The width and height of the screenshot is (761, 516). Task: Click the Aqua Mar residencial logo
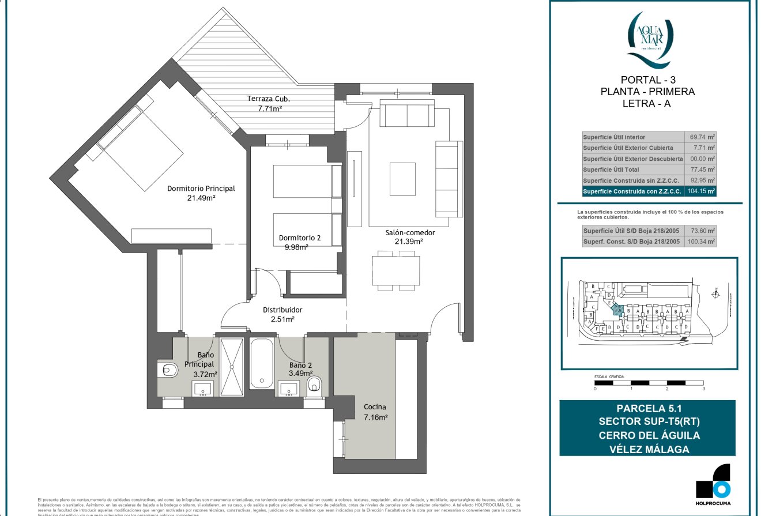[x=647, y=38]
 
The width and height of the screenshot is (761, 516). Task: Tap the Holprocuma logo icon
[x=713, y=481]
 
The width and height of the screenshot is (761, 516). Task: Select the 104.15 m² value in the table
[x=702, y=191]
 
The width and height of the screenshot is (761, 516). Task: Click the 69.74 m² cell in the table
[x=702, y=137]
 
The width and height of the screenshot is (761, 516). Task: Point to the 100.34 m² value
[x=702, y=242]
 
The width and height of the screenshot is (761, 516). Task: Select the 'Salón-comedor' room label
[x=410, y=233]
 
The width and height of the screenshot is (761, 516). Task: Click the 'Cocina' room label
[x=375, y=406]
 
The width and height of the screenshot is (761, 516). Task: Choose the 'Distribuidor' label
[x=282, y=310]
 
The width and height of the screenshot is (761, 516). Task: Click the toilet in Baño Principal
[x=168, y=370]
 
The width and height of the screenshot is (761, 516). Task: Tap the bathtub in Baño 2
[x=262, y=363]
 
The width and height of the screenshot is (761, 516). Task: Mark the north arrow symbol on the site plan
[x=715, y=293]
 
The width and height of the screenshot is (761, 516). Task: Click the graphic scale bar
[x=649, y=382]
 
